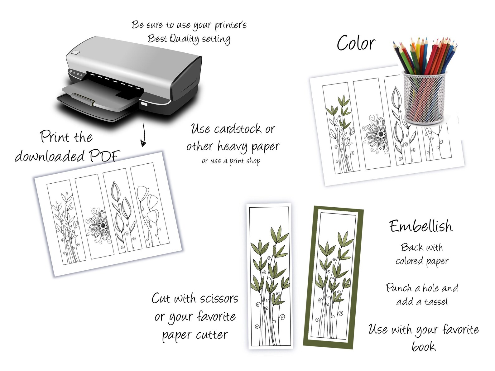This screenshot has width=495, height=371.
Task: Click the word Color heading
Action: (x=356, y=43)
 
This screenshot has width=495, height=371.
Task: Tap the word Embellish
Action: (x=421, y=226)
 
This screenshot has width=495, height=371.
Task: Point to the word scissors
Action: (x=219, y=298)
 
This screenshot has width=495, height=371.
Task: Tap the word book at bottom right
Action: (x=423, y=346)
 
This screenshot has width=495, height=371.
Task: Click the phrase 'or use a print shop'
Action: (x=231, y=161)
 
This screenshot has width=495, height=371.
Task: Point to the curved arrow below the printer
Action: (x=143, y=135)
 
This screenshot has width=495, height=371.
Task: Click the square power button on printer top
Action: (x=75, y=52)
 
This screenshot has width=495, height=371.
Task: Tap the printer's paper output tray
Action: (x=94, y=100)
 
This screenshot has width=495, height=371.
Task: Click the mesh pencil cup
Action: (x=424, y=97)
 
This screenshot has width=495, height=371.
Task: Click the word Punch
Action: (x=399, y=288)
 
